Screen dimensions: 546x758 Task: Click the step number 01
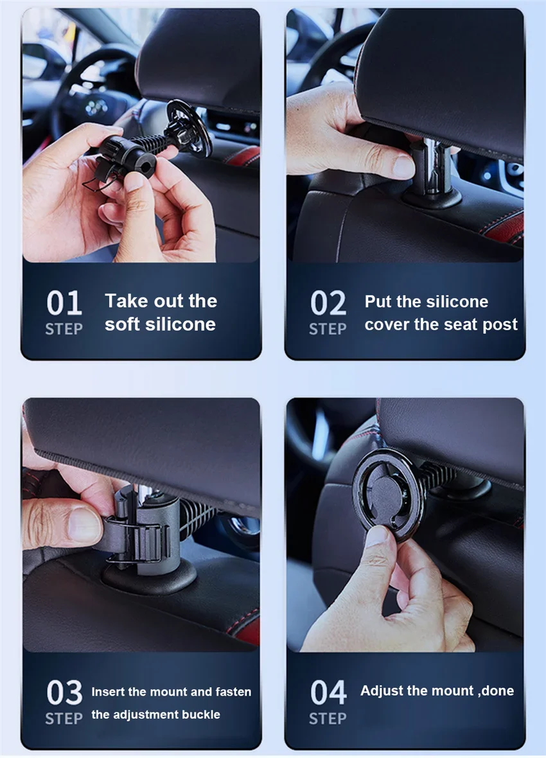click(64, 303)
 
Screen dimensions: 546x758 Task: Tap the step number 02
click(328, 303)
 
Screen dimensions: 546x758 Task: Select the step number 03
click(64, 692)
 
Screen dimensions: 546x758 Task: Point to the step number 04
click(328, 692)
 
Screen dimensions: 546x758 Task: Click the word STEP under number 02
click(328, 329)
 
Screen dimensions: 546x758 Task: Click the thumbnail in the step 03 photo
click(85, 525)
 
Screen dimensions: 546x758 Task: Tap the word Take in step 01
click(127, 301)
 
